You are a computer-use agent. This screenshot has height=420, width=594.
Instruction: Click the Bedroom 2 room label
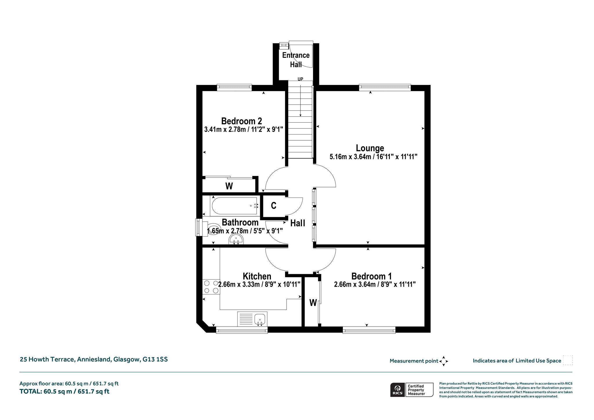(242, 121)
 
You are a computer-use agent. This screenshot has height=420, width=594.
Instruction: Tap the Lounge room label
(370, 148)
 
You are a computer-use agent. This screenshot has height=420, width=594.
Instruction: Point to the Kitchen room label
(257, 276)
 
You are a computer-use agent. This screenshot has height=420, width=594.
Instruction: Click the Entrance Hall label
(296, 60)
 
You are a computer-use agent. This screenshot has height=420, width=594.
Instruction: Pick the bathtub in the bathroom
(235, 206)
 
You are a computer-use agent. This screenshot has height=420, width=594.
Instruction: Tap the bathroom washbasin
(236, 240)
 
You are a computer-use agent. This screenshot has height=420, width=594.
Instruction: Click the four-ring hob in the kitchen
(211, 287)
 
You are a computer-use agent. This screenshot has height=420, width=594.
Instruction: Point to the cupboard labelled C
(274, 206)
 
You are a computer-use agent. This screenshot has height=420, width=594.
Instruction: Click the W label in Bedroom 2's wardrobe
(229, 186)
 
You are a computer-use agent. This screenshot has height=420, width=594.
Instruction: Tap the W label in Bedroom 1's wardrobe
(313, 303)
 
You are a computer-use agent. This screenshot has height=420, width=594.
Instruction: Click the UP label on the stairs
(300, 79)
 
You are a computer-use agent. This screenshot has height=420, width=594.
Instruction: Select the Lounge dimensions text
(373, 157)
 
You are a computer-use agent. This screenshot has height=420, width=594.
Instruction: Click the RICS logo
(397, 390)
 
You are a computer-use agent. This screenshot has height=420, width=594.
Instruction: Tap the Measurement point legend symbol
(443, 361)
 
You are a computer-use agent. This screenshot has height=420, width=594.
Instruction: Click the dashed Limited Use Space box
(568, 360)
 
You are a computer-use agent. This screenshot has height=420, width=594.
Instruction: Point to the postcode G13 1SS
(155, 359)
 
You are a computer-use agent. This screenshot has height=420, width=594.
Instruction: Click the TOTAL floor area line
(64, 391)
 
